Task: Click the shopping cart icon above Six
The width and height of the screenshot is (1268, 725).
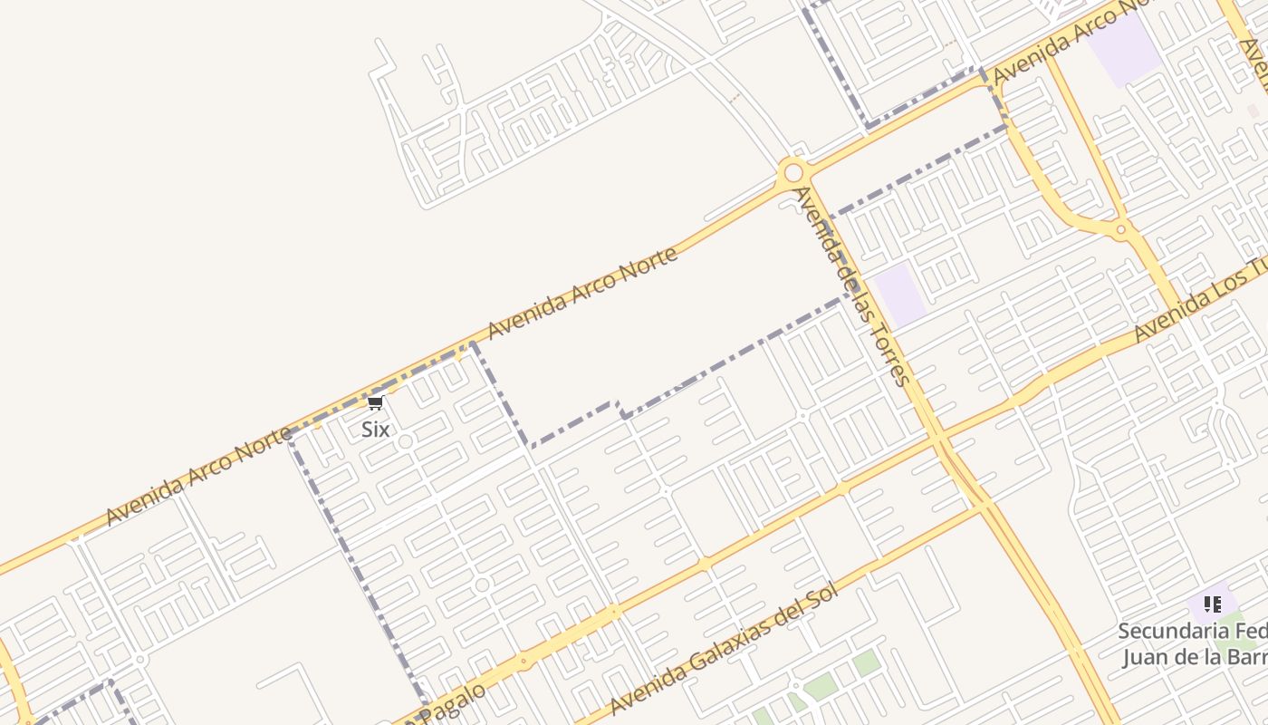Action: (375, 402)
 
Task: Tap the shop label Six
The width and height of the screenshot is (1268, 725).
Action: (375, 429)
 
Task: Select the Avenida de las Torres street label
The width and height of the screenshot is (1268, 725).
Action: (851, 285)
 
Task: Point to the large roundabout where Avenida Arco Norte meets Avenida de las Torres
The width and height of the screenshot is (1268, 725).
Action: (793, 172)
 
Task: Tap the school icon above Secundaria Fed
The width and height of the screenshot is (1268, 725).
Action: (1213, 604)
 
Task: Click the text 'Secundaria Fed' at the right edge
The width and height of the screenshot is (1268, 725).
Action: (1192, 631)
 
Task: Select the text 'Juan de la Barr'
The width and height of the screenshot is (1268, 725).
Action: (1195, 656)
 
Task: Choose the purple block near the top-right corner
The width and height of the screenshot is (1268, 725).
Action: (1123, 50)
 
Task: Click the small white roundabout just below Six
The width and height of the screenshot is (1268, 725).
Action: (405, 442)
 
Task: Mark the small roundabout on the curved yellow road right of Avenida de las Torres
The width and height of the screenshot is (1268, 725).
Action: (1121, 229)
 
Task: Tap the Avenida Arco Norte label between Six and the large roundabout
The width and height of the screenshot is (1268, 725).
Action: (582, 293)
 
